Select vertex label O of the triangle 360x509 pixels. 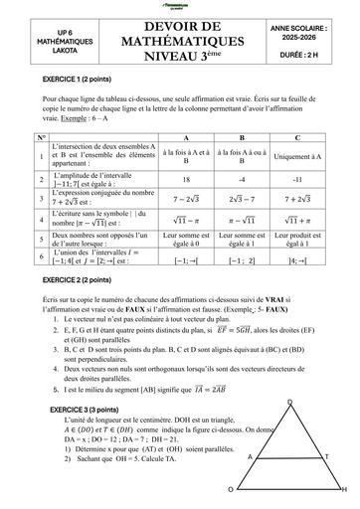pyautogui.click(x=231, y=490)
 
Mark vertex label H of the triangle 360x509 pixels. pyautogui.click(x=345, y=490)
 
